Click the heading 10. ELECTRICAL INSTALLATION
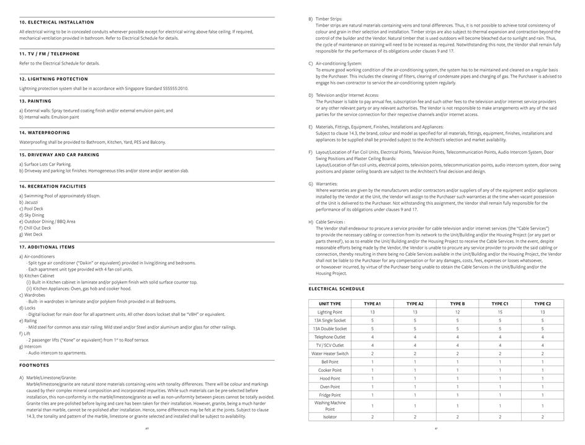pos(56,22)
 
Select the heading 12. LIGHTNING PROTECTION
pos(53,79)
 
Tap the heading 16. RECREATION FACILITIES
pos(53,186)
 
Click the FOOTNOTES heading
pos(34,366)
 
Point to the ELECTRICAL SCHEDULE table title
pos(336,289)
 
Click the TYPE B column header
pos(457,303)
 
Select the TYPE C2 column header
pos(542,303)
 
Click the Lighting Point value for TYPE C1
pos(499,312)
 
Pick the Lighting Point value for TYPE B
pos(457,312)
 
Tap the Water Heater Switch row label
pos(329,354)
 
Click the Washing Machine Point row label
pos(329,406)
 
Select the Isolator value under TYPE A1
pos(372,417)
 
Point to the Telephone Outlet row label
pos(329,337)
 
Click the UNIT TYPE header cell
pos(329,303)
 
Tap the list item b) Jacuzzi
pos(29,202)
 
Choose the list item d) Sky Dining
pos(32,215)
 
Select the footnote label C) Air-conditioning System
pos(335,63)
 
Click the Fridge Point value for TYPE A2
pos(414,395)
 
